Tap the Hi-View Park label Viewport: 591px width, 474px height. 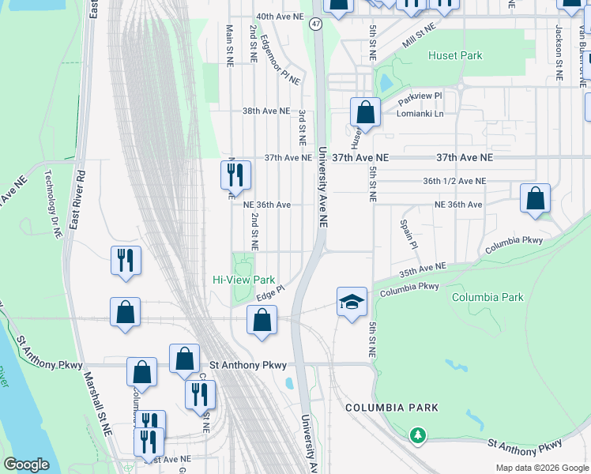[244, 280]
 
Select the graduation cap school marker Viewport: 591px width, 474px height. [352, 302]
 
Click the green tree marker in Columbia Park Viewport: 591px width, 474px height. [418, 434]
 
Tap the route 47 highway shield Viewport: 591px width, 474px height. [316, 24]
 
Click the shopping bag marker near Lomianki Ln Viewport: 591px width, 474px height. [365, 112]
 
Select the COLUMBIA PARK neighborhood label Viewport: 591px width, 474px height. [391, 408]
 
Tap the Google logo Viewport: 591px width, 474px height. [26, 465]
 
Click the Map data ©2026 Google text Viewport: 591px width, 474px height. [541, 468]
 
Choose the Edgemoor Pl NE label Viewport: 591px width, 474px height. [280, 62]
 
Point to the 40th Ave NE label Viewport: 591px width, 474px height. [280, 16]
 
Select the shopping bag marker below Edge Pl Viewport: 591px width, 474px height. [262, 321]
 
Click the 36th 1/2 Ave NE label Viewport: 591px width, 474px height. [454, 181]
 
